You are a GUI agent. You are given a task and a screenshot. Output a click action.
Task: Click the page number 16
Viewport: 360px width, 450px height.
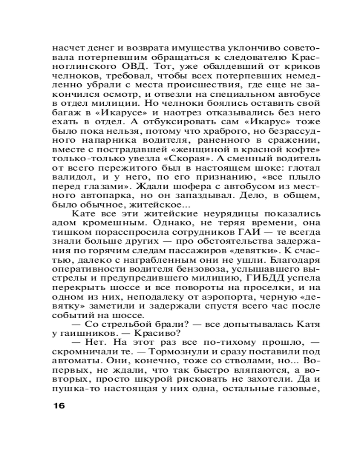pyautogui.click(x=59, y=405)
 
